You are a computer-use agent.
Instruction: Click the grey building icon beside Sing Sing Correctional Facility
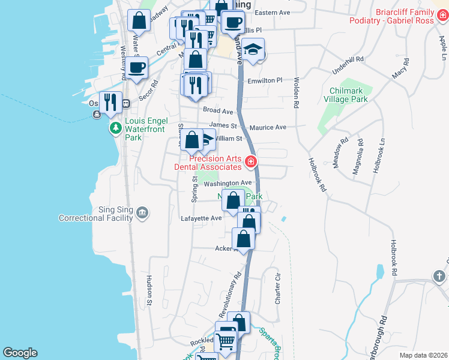tap(142, 212)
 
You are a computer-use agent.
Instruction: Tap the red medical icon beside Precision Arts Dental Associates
tap(250, 162)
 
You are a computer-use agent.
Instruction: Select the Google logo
tap(20, 353)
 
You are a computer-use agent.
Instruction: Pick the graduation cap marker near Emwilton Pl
tap(254, 50)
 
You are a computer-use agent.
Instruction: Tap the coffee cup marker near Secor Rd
tap(137, 68)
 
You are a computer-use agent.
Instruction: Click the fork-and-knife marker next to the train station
tap(110, 102)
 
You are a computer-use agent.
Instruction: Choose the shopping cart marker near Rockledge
tap(226, 341)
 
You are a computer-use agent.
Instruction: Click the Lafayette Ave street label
tap(201, 219)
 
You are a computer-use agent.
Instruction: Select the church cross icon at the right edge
tap(440, 275)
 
